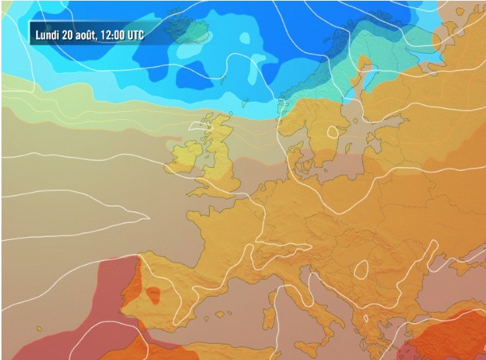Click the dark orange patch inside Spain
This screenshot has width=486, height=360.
tap(153, 295)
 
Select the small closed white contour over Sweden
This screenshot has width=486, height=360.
tap(333, 133)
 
